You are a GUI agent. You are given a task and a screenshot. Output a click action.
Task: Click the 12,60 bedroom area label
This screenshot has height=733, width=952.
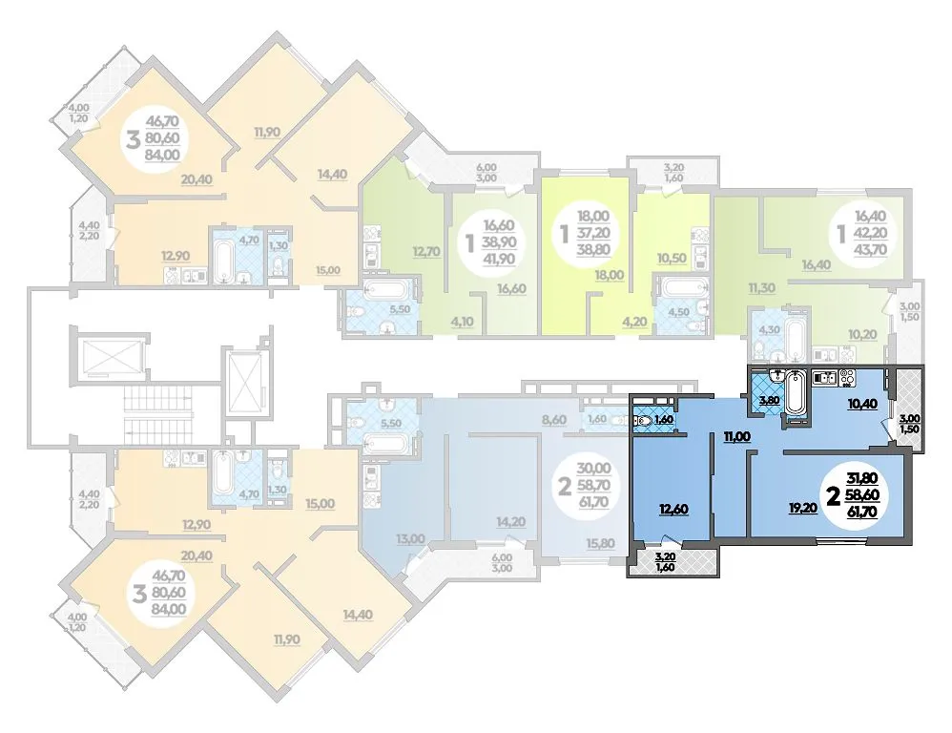point(673,509)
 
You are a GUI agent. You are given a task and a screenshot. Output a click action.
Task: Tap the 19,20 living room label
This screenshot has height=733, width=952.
point(802,509)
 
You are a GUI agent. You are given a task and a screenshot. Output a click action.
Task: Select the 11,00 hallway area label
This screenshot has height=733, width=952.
point(736,435)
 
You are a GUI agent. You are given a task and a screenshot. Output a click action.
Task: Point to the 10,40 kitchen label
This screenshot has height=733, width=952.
point(862,403)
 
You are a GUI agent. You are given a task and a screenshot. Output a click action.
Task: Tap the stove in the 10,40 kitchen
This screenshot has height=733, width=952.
point(847,378)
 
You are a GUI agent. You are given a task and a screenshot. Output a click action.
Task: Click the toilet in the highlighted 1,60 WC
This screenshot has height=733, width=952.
point(642,418)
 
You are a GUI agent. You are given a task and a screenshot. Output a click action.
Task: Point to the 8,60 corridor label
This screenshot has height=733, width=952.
point(552,419)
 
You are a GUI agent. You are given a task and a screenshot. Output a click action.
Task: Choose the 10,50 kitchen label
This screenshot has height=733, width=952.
point(672,258)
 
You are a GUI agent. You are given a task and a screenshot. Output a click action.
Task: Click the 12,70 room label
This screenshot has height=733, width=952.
point(425,251)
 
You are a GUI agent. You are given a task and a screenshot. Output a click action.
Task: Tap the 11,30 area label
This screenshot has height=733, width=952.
point(761,288)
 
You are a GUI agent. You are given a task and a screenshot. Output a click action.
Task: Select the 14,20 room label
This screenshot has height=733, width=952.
point(510,521)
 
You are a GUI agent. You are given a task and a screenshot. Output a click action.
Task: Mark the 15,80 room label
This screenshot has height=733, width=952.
point(600,542)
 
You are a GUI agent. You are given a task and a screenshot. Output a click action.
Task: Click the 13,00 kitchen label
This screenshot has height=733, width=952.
point(410,538)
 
